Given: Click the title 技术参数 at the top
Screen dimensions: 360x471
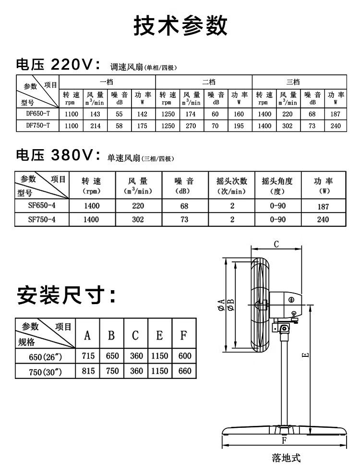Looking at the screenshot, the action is [x=180, y=25].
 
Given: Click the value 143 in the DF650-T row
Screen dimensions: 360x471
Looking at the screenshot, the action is [x=95, y=114].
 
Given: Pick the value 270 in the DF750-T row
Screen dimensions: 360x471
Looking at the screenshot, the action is [x=192, y=125].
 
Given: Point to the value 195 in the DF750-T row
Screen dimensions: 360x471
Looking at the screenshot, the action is [x=239, y=125].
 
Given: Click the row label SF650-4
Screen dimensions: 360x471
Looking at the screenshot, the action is [x=42, y=207].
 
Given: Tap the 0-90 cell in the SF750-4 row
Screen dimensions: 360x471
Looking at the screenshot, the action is [x=278, y=220].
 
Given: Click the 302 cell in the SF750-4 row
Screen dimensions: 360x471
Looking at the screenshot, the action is [x=138, y=220].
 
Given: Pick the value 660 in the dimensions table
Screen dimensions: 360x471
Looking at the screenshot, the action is [x=184, y=371].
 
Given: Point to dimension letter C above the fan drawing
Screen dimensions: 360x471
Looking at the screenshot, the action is [x=276, y=244].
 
